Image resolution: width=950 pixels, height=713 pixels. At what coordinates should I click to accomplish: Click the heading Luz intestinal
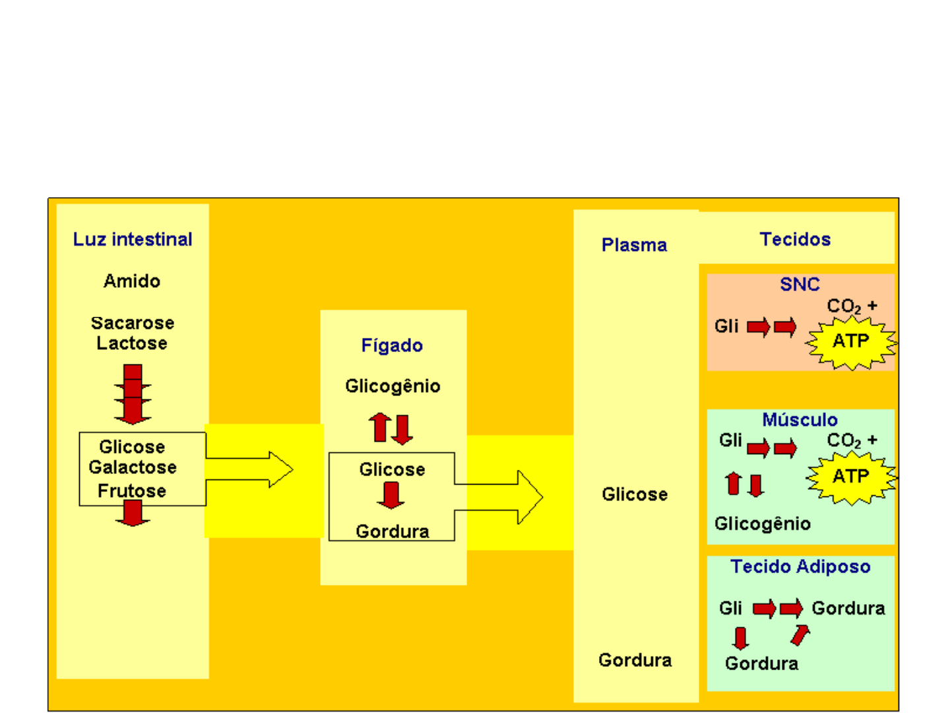pos(133,239)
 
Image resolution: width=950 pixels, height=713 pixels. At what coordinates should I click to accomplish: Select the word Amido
pos(132,281)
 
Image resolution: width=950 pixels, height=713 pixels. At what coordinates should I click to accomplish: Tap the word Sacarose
pos(133,323)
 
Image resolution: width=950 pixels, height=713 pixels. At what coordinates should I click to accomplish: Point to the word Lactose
pos(132,343)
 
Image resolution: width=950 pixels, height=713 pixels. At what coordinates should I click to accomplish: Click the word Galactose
pos(133,467)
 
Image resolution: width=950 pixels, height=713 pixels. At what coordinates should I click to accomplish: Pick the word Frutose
pos(132,491)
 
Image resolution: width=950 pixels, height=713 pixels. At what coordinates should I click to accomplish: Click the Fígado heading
pos(392,345)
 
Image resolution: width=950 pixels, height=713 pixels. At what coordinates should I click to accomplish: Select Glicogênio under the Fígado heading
pos(393,386)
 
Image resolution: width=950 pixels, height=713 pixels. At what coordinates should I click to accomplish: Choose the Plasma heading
pos(634,245)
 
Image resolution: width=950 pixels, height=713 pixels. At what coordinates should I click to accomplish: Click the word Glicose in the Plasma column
pos(635,494)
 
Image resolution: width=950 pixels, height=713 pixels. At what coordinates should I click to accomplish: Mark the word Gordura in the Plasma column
pos(635,660)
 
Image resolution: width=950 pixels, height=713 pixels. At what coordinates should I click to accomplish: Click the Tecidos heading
pos(795,239)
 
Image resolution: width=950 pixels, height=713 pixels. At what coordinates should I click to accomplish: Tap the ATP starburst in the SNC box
pos(850,342)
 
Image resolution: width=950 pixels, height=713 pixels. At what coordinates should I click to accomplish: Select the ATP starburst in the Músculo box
pos(850,477)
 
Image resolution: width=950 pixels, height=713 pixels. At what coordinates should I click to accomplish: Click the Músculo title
pos(800,420)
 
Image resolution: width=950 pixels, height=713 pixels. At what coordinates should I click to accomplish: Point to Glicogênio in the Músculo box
pos(763,524)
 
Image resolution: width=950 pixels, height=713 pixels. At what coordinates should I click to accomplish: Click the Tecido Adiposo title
pos(800,566)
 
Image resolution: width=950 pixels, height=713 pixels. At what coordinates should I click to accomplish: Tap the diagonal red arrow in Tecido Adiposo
pos(800,635)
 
